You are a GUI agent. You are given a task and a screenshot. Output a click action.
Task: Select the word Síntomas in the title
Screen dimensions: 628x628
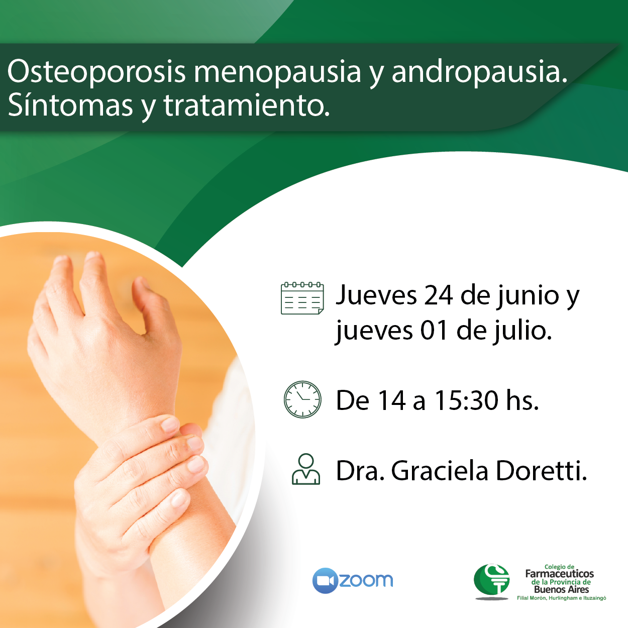[x=70, y=106]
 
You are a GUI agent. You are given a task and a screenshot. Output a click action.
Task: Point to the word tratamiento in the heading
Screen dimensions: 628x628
[x=246, y=106]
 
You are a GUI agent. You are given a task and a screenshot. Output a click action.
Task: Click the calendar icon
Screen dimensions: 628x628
[x=302, y=298]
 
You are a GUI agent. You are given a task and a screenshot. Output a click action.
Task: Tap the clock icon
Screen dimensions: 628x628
[x=302, y=399]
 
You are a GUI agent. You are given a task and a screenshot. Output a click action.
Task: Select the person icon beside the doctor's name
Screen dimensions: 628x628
[x=305, y=469]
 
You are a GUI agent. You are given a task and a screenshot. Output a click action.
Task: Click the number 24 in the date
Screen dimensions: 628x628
[x=438, y=295]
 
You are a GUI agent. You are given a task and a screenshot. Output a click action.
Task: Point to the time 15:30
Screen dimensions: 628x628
[x=466, y=400]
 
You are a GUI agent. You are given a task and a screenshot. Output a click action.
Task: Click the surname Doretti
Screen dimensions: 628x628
[x=541, y=471]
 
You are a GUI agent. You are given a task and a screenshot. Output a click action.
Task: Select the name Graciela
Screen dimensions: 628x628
[x=440, y=471]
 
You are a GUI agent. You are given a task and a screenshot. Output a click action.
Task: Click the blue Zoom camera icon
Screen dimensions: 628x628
[x=325, y=580]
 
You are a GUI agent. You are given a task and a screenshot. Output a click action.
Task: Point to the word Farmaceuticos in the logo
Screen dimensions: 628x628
[x=559, y=574]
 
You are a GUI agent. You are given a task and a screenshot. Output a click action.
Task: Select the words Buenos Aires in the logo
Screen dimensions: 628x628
[x=561, y=589]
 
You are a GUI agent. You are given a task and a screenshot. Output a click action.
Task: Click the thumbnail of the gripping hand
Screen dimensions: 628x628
[x=127, y=424]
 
